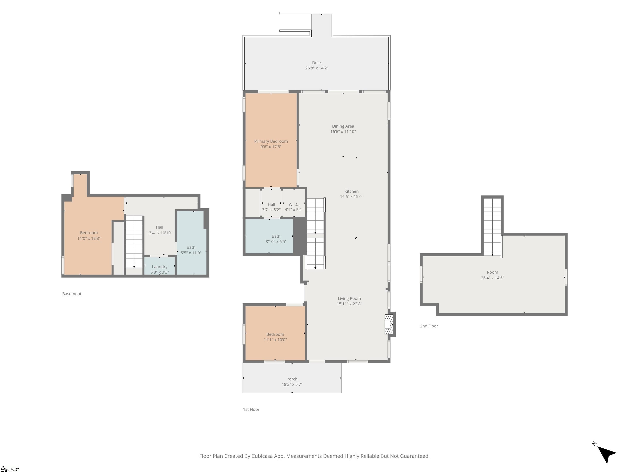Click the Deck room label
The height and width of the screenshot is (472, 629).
[x=317, y=63]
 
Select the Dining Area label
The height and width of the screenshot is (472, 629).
[x=343, y=126]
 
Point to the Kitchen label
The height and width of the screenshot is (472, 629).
[x=352, y=191]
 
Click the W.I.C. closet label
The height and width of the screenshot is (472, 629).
[x=294, y=204]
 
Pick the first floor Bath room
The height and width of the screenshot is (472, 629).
[x=269, y=236]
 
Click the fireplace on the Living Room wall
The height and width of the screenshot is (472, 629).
[x=388, y=324]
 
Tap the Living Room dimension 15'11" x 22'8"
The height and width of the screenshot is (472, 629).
[x=349, y=304]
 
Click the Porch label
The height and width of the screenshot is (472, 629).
[x=292, y=379]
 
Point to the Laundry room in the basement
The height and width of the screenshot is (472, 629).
[x=160, y=266]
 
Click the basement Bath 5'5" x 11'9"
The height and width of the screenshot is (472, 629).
[x=191, y=243]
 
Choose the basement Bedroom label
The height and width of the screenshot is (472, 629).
[x=89, y=233]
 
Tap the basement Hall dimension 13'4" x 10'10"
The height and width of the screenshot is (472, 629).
[x=159, y=233]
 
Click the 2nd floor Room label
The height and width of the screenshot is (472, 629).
[x=492, y=272]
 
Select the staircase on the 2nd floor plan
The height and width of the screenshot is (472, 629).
[x=492, y=227]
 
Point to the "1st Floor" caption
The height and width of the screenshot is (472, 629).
[x=251, y=409]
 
